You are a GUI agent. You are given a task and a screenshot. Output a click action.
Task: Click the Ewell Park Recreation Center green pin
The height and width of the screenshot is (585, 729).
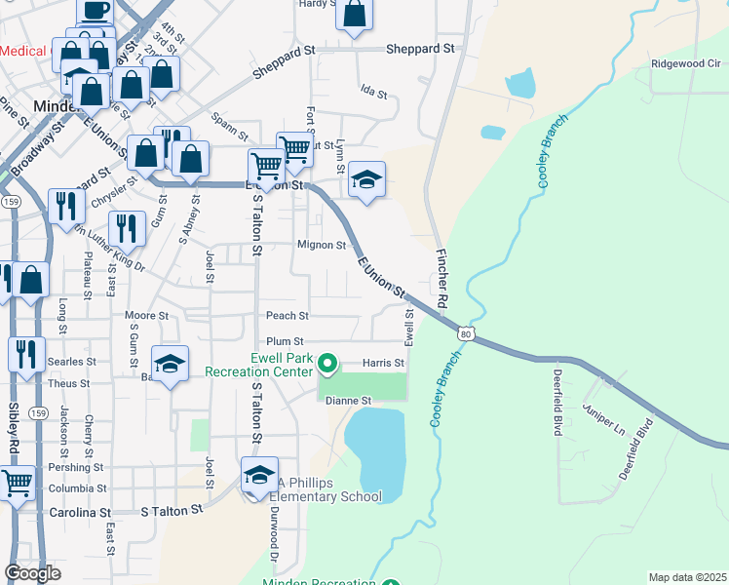[327, 366]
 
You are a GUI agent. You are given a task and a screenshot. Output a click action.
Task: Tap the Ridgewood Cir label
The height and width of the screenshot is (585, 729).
[685, 63]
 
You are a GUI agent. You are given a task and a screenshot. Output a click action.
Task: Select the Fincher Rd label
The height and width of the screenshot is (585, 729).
[441, 279]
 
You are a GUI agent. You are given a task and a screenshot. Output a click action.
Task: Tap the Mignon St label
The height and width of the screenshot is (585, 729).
[322, 245]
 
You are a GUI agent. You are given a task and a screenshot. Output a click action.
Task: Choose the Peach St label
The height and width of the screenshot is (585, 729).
[287, 316]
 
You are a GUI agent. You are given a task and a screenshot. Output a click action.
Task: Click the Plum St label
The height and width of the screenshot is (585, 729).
[286, 341]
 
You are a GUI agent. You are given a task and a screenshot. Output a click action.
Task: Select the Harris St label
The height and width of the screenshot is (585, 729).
[383, 363]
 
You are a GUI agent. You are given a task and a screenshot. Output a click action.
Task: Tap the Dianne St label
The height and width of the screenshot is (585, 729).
[349, 401]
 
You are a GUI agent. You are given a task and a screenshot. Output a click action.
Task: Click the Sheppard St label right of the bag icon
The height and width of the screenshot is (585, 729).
[420, 48]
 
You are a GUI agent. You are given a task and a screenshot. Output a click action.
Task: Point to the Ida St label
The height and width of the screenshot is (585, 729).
[374, 95]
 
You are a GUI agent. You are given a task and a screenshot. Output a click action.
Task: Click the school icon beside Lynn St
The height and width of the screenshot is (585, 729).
[367, 181]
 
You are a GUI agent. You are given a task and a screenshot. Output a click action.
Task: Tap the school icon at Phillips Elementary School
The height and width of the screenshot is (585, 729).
[259, 476]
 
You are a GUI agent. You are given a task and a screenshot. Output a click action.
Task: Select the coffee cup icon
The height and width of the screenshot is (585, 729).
[95, 12]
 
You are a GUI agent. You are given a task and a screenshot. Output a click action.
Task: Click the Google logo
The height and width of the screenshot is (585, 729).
[32, 573]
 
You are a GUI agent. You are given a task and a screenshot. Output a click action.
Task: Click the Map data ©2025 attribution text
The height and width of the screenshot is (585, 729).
[687, 577]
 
